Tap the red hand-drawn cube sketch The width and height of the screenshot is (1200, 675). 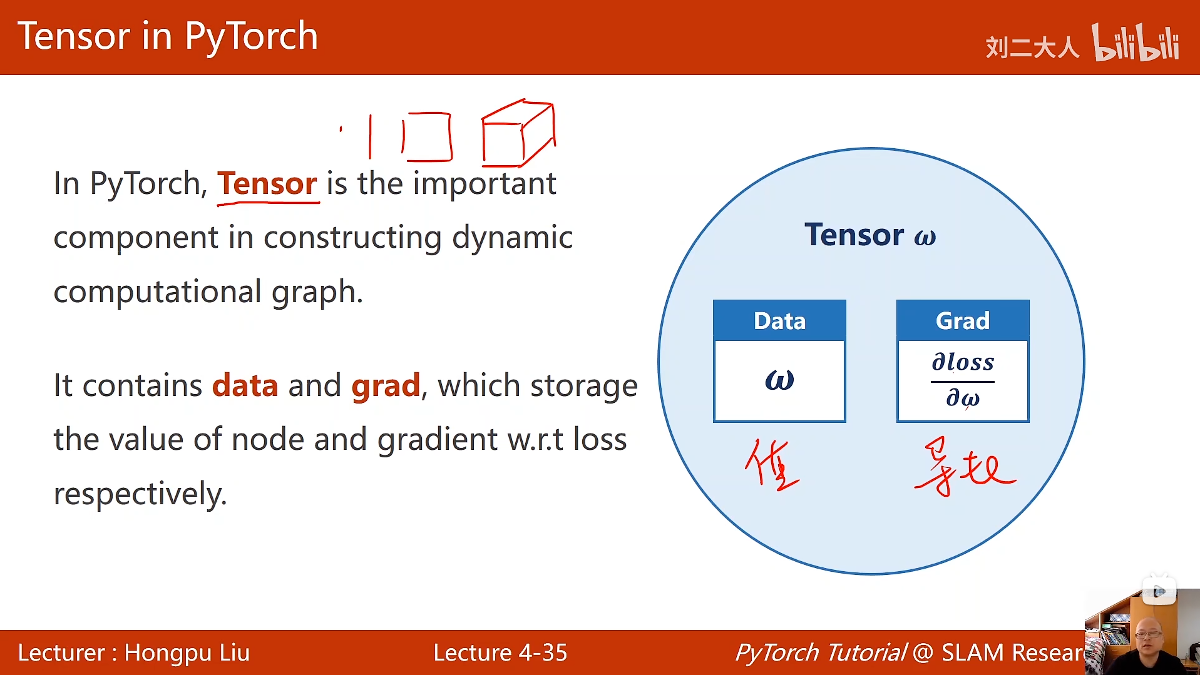[518, 133]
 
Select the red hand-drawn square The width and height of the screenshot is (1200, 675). [427, 136]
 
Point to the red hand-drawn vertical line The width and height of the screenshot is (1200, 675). [370, 136]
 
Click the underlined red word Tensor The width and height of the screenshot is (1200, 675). [267, 184]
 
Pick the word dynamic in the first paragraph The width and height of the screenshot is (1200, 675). [511, 238]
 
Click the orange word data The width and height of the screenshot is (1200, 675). [245, 385]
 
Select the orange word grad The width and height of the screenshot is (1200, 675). [386, 385]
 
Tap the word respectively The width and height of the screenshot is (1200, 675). [140, 494]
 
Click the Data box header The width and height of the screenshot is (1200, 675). [779, 321]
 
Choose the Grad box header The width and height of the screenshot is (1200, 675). [962, 321]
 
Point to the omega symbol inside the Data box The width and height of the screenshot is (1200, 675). [779, 380]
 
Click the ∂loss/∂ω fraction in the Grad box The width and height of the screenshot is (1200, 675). [962, 380]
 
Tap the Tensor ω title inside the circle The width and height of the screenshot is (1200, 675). [869, 235]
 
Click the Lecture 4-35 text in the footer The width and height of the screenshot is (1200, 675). [500, 652]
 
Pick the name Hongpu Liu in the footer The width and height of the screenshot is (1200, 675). [187, 652]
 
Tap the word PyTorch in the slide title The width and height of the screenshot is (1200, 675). [251, 36]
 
